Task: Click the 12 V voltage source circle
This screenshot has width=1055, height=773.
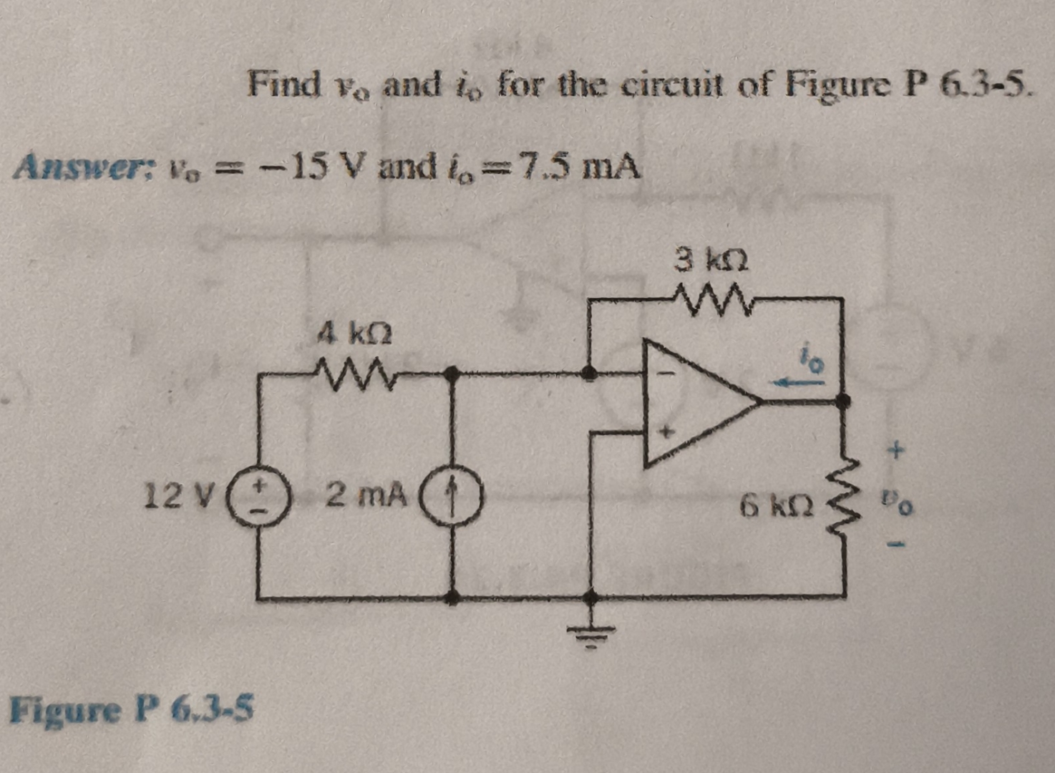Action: point(258,495)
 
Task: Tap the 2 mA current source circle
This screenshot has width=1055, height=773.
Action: point(452,495)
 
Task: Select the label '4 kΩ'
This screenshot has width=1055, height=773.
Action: point(355,333)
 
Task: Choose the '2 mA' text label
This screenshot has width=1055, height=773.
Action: point(367,493)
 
